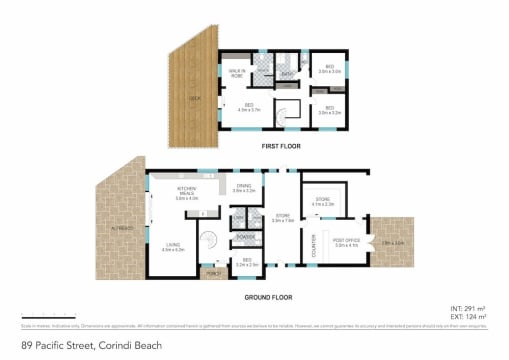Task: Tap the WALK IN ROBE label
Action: (239, 72)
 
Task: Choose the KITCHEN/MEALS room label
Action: (187, 194)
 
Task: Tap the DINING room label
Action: (244, 187)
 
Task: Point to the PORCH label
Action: (212, 273)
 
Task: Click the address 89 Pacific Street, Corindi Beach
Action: (66, 346)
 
